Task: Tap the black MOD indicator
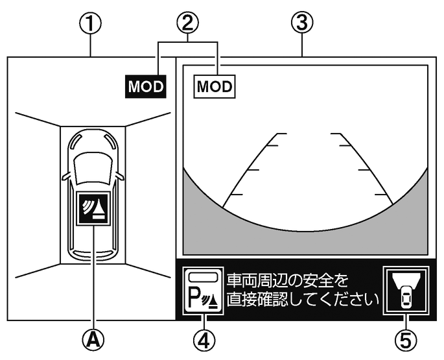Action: [x=146, y=86]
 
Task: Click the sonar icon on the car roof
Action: [x=93, y=208]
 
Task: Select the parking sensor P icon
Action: [x=204, y=291]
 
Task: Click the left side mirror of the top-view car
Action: [x=66, y=176]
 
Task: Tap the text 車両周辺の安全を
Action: [x=288, y=280]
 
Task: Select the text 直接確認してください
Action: [x=301, y=300]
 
